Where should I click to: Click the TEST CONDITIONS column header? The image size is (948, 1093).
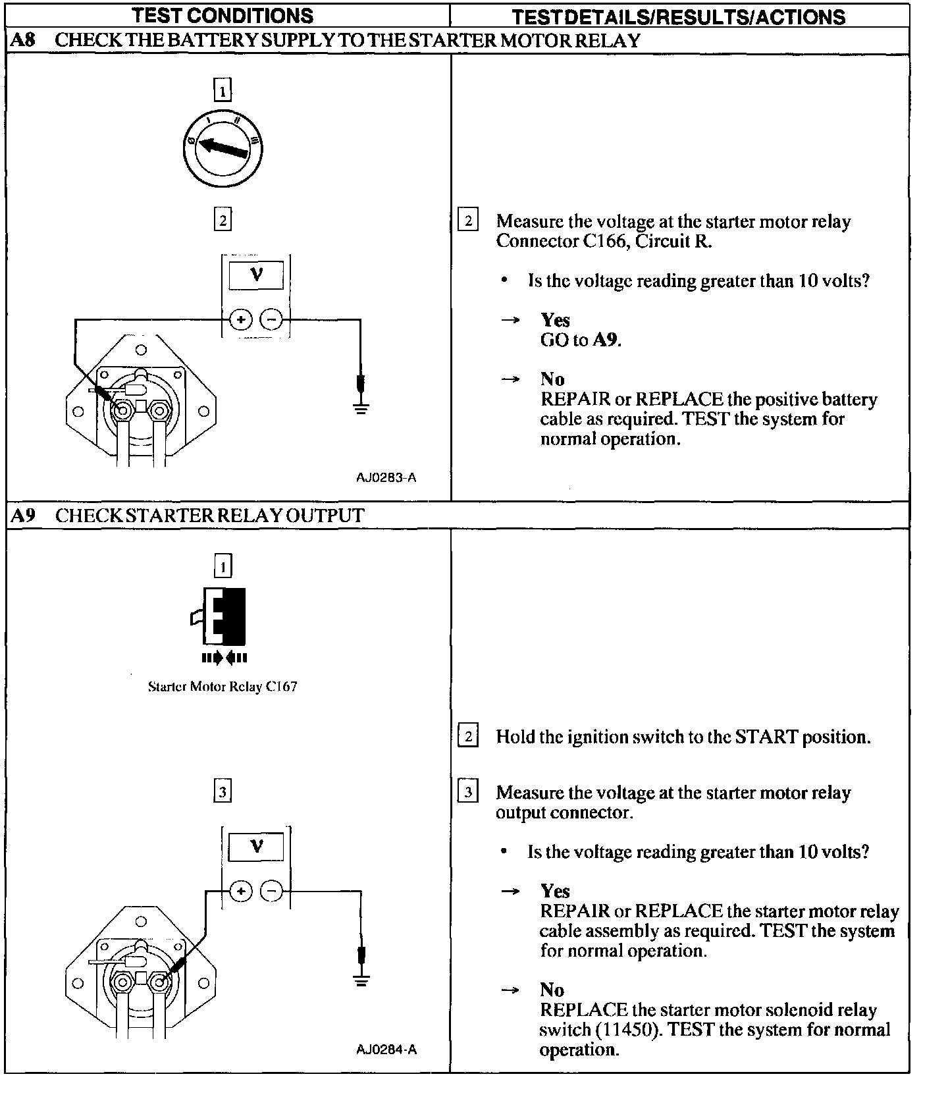pos(223,15)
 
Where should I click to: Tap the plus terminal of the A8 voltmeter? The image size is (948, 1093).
pos(241,320)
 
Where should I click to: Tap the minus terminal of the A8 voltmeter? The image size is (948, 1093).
pos(271,320)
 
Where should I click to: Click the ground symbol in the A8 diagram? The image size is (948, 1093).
pos(360,408)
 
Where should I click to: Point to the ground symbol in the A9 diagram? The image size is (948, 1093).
pos(360,979)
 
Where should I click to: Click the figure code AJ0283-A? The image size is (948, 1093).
pos(386,478)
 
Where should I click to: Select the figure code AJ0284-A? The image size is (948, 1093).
pos(386,1050)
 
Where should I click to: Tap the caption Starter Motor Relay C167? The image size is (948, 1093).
pos(223,687)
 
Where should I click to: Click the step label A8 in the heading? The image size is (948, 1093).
pos(23,41)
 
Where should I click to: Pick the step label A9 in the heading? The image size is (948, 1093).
pos(23,516)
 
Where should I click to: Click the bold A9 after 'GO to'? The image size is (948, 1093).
pos(606,340)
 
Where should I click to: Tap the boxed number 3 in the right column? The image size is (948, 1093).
pos(467,792)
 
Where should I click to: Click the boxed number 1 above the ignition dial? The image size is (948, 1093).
pos(223,90)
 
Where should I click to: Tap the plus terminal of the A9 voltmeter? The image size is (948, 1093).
pos(241,892)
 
